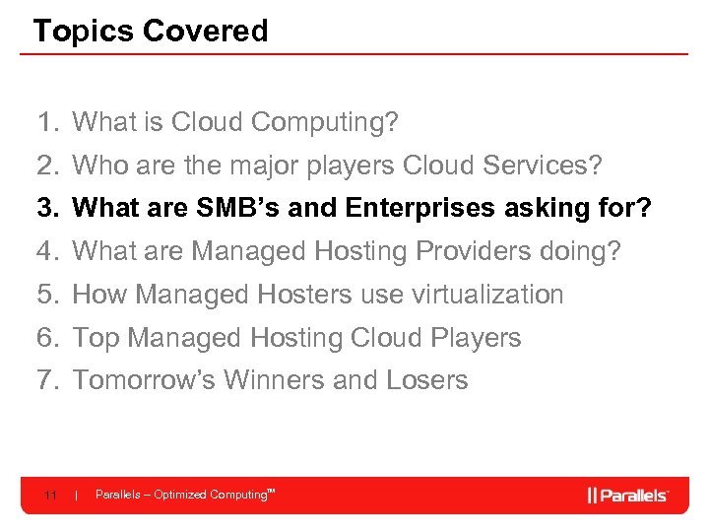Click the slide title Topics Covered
point(150,31)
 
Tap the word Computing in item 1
point(324,123)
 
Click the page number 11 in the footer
point(50,495)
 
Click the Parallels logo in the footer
point(628,495)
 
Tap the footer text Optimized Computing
point(210,495)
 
